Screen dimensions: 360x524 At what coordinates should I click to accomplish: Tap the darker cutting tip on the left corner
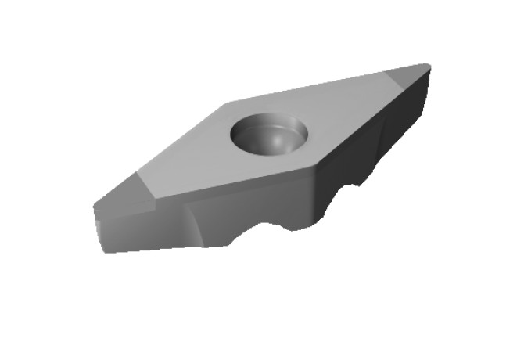(125, 191)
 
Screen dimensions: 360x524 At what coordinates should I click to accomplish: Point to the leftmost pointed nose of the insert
(95, 208)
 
